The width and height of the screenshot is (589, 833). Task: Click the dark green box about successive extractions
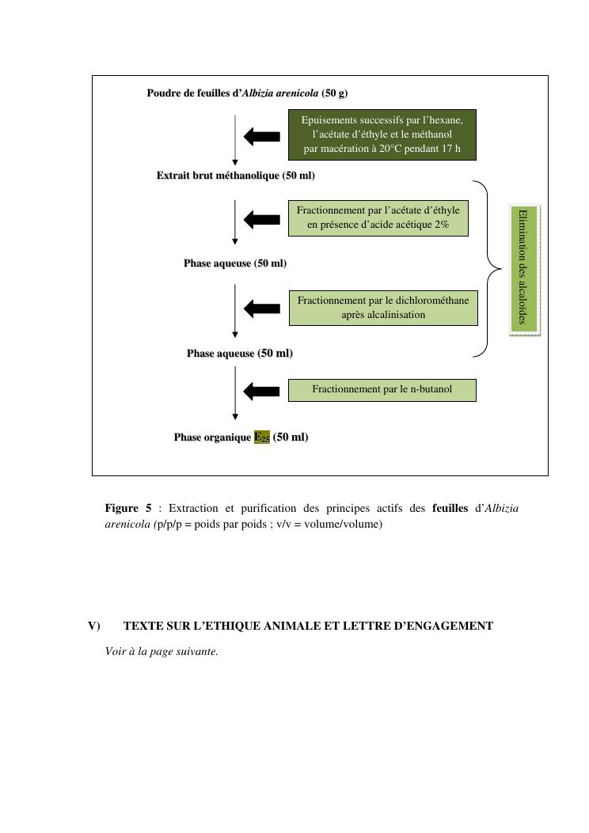click(382, 134)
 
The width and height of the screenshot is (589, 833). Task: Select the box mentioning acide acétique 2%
click(378, 218)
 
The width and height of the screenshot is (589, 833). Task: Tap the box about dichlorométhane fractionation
click(383, 308)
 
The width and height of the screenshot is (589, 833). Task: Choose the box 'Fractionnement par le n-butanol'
click(382, 389)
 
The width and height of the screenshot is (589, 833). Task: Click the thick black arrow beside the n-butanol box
click(262, 390)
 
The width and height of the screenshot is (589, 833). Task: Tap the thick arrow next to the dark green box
click(262, 136)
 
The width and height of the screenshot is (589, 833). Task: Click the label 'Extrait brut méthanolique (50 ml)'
click(235, 176)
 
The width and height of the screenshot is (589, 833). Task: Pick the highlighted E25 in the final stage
click(261, 437)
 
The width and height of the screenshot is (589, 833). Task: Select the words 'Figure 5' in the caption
click(127, 508)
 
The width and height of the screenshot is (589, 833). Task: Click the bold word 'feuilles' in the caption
click(450, 508)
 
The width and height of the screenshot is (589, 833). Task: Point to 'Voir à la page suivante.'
click(161, 652)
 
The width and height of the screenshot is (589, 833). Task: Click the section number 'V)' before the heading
click(94, 626)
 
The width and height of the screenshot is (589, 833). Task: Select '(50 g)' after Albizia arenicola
click(335, 93)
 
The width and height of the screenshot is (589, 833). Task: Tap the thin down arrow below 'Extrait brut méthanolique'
click(235, 222)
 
